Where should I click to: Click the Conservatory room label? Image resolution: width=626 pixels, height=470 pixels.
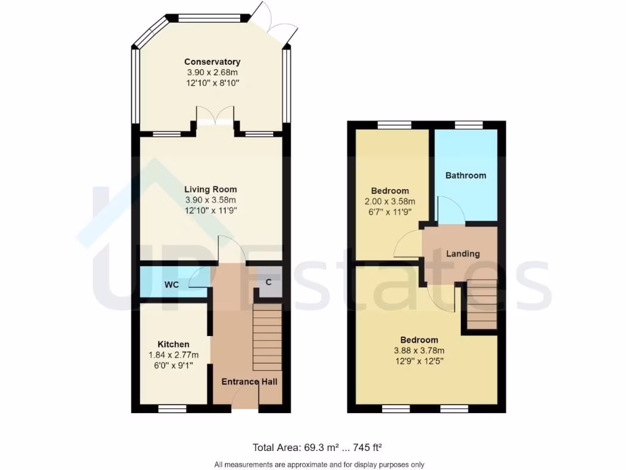tap(212, 62)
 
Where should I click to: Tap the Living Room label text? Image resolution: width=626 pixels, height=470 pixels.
tap(210, 190)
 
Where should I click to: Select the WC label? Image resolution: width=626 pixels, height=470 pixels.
tap(171, 285)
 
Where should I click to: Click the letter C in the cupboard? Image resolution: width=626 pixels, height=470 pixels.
tap(268, 282)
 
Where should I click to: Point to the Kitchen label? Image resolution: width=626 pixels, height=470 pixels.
tap(173, 345)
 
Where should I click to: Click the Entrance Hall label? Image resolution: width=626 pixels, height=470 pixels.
tap(249, 382)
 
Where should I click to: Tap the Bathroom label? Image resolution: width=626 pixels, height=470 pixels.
tap(466, 176)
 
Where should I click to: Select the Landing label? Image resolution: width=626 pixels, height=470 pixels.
tap(463, 254)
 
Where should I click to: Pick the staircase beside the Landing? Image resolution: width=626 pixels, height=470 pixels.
tap(482, 305)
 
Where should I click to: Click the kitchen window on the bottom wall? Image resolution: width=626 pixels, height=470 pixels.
tap(172, 408)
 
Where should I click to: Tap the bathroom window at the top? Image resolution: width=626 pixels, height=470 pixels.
tap(469, 125)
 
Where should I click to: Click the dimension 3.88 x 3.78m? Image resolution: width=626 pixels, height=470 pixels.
tap(419, 351)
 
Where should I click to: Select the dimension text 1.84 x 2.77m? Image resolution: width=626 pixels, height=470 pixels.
tap(173, 355)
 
